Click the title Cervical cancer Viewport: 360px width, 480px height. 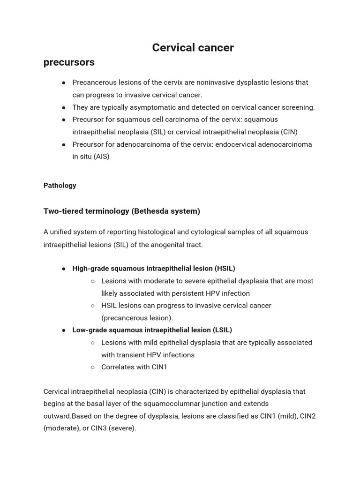[x=193, y=47]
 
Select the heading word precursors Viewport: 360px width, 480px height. [x=69, y=62]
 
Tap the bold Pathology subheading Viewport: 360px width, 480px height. [x=60, y=186]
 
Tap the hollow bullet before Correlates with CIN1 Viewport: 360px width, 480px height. [x=93, y=367]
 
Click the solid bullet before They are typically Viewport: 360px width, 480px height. [x=64, y=107]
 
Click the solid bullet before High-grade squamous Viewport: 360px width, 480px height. [x=64, y=269]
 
